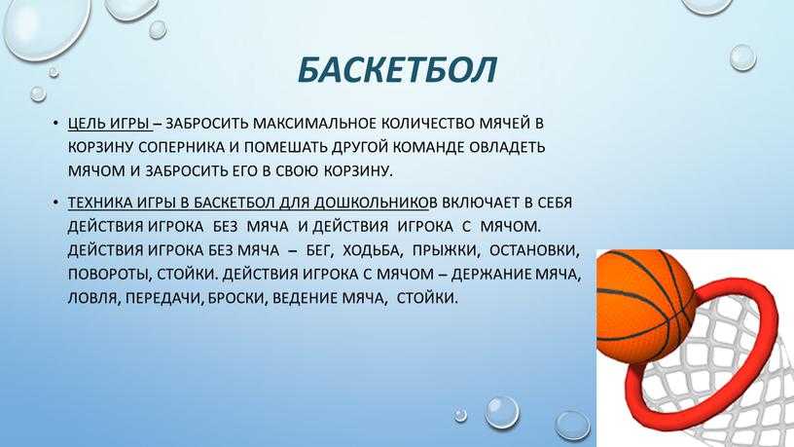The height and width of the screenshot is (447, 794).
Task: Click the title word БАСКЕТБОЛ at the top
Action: [397, 69]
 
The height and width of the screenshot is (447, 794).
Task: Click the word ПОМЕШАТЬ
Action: [285, 147]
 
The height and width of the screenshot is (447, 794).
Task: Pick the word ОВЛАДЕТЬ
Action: [507, 147]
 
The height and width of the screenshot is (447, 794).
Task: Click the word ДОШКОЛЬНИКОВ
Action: [372, 203]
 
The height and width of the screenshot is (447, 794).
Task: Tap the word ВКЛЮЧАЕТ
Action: [481, 203]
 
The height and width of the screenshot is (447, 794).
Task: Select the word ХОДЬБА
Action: [373, 250]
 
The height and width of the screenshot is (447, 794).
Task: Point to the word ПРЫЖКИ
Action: [445, 250]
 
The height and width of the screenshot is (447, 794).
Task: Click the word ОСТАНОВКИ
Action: [534, 250]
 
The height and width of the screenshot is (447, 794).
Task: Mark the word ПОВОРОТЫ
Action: [109, 275]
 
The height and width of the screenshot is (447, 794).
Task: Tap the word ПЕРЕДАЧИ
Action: [164, 298]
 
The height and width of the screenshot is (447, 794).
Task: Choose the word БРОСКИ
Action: [237, 298]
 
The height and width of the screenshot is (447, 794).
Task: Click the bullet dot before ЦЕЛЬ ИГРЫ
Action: [55, 123]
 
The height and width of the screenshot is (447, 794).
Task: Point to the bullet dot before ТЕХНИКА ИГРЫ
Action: [55, 203]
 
